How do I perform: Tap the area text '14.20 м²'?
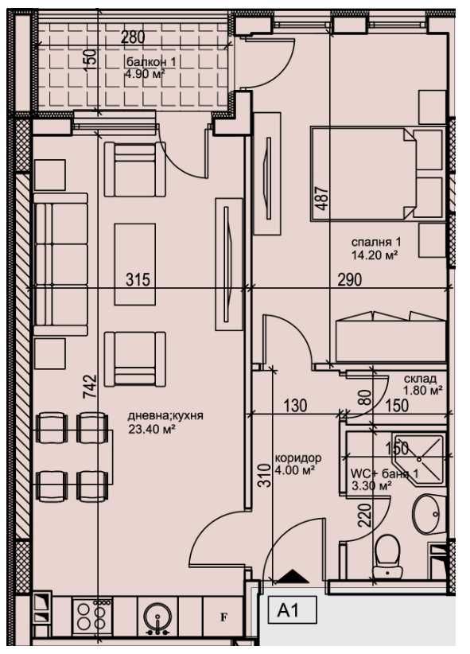click(x=374, y=255)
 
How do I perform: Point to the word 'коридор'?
click(x=297, y=458)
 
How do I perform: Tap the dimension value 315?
click(x=138, y=279)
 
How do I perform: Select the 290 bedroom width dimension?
click(x=349, y=279)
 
